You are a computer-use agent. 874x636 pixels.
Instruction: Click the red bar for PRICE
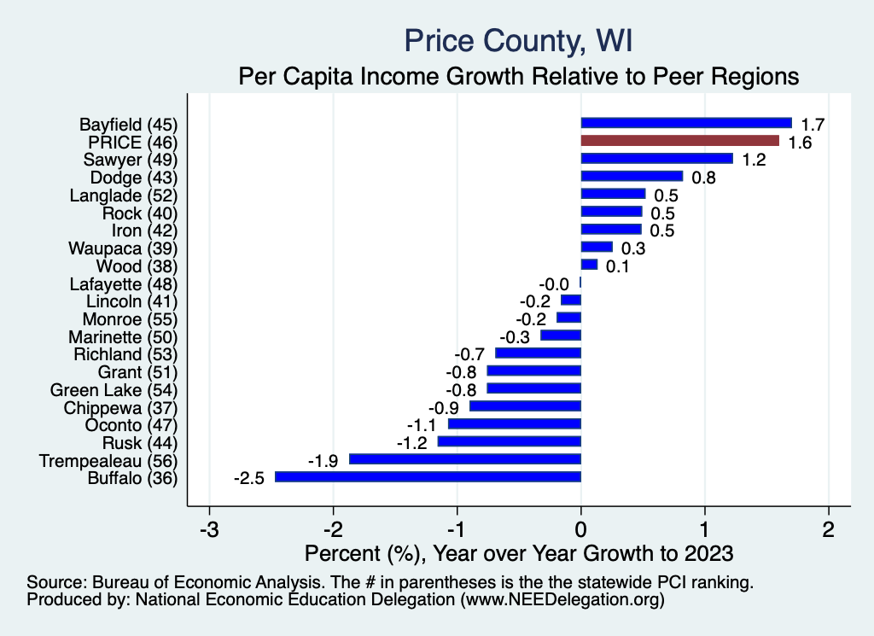click(679, 141)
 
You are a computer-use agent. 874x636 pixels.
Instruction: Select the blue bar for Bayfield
click(686, 123)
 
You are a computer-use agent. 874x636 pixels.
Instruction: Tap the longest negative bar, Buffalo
click(428, 477)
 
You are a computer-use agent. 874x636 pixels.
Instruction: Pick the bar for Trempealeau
click(465, 459)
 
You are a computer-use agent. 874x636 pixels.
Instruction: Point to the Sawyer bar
click(656, 159)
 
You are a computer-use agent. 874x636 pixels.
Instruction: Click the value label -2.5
click(248, 478)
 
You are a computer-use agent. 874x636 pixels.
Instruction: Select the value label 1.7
click(811, 124)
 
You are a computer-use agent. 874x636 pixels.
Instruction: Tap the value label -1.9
click(323, 460)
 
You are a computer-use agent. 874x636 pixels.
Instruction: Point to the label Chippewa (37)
click(120, 407)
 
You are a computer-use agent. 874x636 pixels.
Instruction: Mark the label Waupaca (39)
click(123, 248)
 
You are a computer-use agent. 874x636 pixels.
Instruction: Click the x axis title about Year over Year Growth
click(519, 553)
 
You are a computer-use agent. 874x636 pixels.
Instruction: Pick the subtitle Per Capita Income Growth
click(518, 76)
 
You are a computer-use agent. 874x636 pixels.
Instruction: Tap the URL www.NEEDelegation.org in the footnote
click(561, 601)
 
